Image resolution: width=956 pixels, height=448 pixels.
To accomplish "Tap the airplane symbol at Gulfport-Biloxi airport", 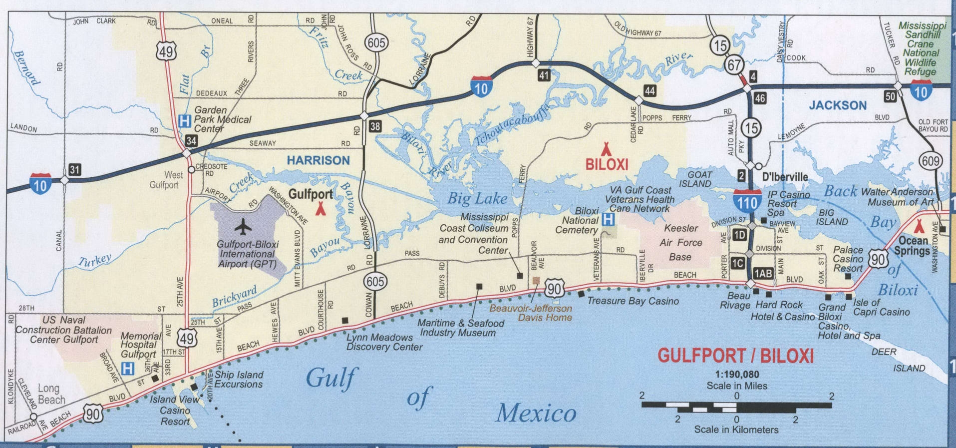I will tap(243, 227).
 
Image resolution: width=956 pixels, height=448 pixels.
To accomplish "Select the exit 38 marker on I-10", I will tap(375, 126).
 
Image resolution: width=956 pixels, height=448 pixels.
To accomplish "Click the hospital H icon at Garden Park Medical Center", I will tap(185, 120).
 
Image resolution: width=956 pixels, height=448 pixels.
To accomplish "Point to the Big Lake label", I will tap(477, 199).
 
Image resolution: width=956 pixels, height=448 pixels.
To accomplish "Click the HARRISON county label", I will tap(318, 160).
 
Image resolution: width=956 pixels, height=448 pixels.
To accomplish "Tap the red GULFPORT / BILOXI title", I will tap(735, 356).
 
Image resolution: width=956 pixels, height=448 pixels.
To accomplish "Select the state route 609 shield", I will tap(931, 161).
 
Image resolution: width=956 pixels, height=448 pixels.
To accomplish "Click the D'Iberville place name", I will tap(785, 177).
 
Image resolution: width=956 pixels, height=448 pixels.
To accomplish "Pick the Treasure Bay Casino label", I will tap(633, 301).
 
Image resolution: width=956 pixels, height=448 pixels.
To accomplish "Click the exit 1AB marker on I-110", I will tap(763, 273).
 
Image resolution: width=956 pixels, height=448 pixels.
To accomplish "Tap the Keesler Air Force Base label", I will tap(680, 243).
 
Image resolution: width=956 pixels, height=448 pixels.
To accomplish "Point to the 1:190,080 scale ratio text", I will tap(737, 374).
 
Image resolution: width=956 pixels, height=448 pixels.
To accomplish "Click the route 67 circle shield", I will tap(734, 64).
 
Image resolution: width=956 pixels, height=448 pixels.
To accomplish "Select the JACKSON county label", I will tap(838, 105).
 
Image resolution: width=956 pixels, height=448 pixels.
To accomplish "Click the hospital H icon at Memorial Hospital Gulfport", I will tap(128, 369).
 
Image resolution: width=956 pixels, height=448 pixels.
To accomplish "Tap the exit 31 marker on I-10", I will tap(74, 170).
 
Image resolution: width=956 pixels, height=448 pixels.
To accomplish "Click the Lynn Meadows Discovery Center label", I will tap(384, 342).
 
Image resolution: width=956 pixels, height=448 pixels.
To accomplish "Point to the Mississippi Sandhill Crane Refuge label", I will tap(922, 48).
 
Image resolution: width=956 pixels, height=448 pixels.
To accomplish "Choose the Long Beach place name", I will tap(51, 394).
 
